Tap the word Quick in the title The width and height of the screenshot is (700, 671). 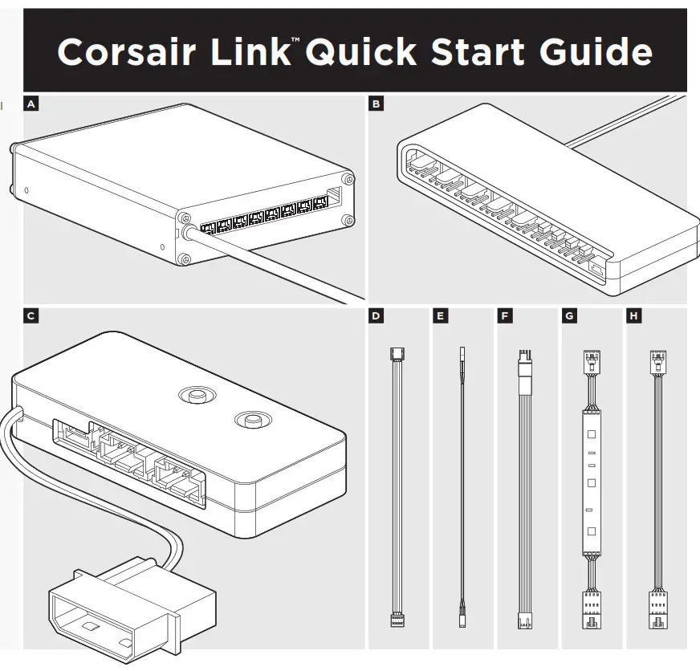[357, 52]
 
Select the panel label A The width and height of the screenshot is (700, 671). [31, 104]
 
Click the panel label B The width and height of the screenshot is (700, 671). [376, 104]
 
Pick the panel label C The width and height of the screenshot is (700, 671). [31, 316]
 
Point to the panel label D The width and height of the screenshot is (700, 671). [376, 316]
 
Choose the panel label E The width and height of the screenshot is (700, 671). [440, 316]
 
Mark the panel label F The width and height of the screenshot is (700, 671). [504, 316]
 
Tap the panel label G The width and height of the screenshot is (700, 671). [569, 316]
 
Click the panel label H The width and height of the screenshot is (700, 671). [634, 316]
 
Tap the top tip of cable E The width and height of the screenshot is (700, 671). [462, 353]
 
